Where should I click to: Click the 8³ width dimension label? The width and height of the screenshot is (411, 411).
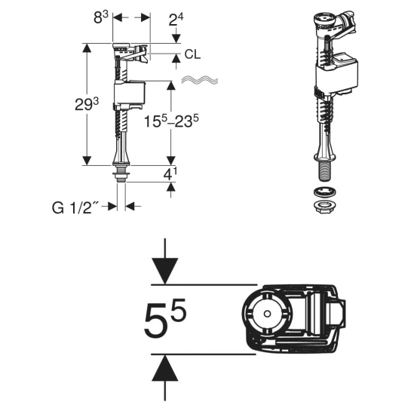pos(101,17)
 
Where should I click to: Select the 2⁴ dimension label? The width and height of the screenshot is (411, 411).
pos(176,20)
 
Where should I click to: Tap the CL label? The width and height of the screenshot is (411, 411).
pos(192,54)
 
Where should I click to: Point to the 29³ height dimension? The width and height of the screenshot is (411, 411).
pos(87,104)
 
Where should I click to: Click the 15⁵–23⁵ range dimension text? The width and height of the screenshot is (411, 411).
pos(171,121)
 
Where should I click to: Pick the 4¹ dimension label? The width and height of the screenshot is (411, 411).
pos(170,173)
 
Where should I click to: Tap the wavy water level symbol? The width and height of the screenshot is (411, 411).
pos(200,80)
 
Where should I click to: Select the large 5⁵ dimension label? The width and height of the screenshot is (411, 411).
pos(165,318)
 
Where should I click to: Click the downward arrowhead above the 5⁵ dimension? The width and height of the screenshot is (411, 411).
pos(165,271)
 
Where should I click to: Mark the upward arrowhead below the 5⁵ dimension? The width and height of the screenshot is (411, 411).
pos(165,367)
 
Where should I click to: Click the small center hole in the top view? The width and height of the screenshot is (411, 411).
pos(267,314)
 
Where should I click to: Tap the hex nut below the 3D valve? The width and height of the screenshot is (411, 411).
pos(325,207)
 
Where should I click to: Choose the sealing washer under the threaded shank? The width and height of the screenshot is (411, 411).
pos(325,192)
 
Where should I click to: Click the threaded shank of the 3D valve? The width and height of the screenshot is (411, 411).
pos(325,171)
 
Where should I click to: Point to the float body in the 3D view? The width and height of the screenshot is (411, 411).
pos(337,74)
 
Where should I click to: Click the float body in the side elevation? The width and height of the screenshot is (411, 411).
pos(130,92)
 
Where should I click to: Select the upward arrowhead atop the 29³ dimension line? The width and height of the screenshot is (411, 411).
pos(87,48)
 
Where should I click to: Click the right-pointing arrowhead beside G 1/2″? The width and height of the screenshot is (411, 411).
pos(112,207)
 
